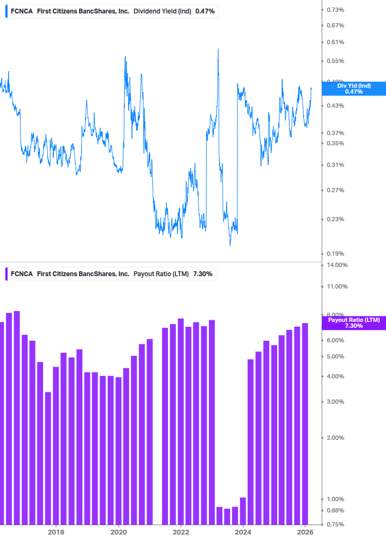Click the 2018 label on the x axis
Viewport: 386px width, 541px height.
coord(55,532)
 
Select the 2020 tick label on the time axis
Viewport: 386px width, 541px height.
coord(118,532)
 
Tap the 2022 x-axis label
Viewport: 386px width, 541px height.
coord(181,532)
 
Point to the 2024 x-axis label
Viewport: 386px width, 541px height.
coord(243,532)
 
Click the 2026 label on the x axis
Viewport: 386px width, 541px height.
coord(305,532)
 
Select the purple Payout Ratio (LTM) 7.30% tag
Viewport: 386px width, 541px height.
coord(354,323)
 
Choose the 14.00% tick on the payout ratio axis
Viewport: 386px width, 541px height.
coord(337,265)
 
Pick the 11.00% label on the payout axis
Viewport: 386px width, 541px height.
coord(337,286)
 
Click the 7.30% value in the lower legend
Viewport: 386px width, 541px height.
coord(202,273)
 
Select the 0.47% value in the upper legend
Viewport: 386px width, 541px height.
coord(205,11)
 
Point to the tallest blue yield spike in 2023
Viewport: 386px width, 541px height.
coord(218,50)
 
